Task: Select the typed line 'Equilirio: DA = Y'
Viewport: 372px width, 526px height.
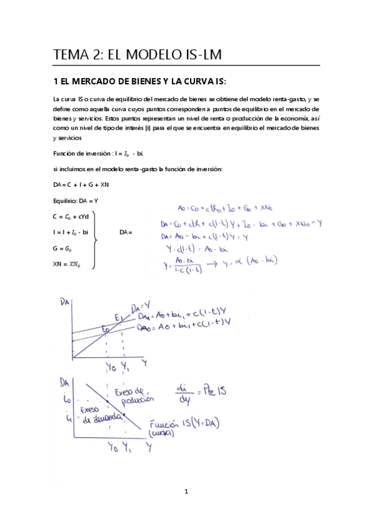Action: [76, 200]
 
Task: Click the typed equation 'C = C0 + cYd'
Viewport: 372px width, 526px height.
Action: [71, 216]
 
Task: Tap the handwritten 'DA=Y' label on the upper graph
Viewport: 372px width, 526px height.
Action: [140, 305]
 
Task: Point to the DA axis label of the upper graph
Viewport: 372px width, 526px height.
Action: [63, 303]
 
